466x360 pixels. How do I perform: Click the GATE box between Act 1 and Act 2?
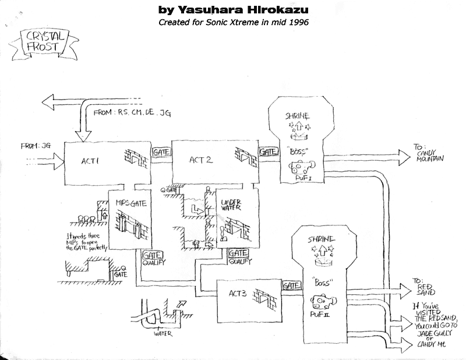[x=160, y=151]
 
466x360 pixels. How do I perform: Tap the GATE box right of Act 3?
[x=291, y=285]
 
